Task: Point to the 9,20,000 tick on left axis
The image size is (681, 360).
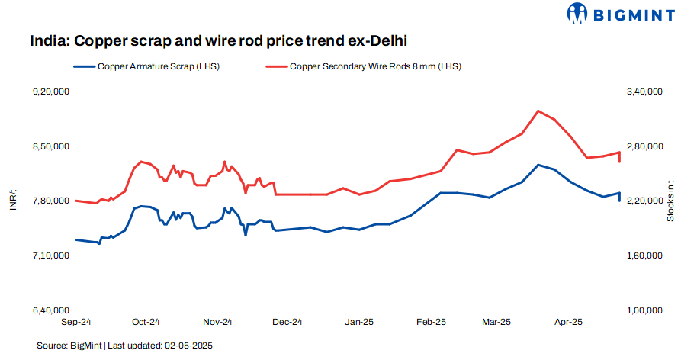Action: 51,92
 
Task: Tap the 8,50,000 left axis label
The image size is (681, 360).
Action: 51,146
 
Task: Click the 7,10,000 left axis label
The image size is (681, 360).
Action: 51,256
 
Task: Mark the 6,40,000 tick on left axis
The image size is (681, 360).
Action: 51,310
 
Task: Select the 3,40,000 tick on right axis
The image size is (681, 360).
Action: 641,92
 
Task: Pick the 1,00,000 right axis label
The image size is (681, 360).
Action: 641,310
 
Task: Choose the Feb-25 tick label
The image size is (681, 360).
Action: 431,322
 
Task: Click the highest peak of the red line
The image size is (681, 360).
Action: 538,111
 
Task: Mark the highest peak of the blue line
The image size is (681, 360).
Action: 538,165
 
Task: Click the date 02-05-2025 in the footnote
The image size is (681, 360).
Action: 188,346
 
